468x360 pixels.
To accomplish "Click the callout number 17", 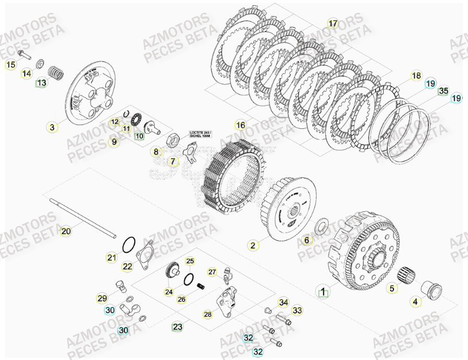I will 333,24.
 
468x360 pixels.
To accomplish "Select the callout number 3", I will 53,127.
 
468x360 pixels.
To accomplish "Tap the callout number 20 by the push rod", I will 66,231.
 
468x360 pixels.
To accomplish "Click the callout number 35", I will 443,91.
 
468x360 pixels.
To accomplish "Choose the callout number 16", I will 240,125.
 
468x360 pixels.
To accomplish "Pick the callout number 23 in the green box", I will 178,327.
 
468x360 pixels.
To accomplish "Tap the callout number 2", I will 252,245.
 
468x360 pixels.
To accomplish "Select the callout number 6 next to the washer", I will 306,240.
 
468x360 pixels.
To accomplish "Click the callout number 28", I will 208,314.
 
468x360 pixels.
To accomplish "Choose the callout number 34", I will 283,302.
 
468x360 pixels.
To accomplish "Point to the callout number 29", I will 102,298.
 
